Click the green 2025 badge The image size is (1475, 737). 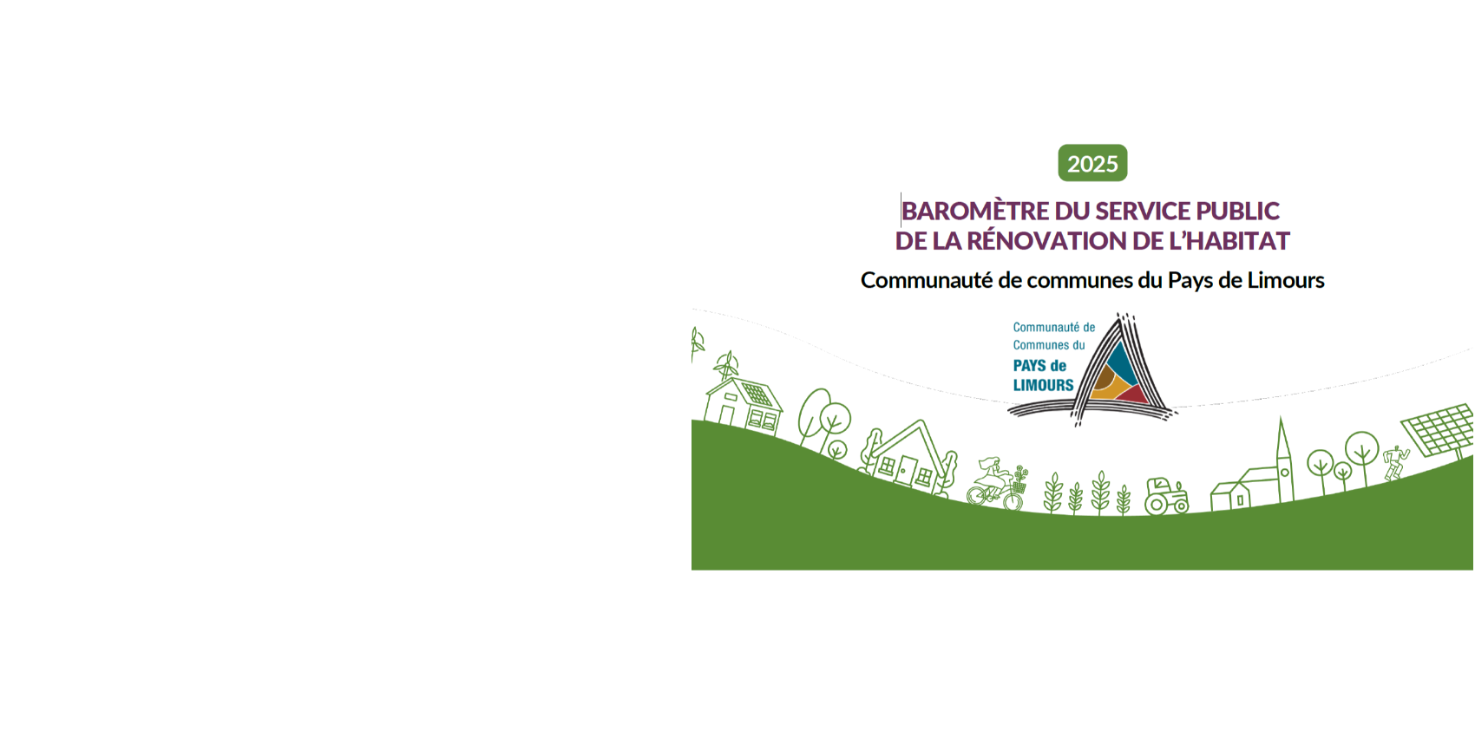pyautogui.click(x=1092, y=163)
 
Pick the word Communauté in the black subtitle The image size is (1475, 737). pyautogui.click(x=927, y=280)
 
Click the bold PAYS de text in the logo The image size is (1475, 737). pyautogui.click(x=1039, y=366)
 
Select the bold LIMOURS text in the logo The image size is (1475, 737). pyautogui.click(x=1043, y=385)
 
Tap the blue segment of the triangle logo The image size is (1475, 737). pyautogui.click(x=1121, y=364)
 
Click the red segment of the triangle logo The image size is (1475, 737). pyautogui.click(x=1134, y=395)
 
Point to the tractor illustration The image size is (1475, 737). pyautogui.click(x=1166, y=495)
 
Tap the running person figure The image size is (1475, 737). pyautogui.click(x=1394, y=463)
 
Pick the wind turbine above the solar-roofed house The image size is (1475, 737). pyautogui.click(x=726, y=366)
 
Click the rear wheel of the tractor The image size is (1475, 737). pyautogui.click(x=1156, y=504)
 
